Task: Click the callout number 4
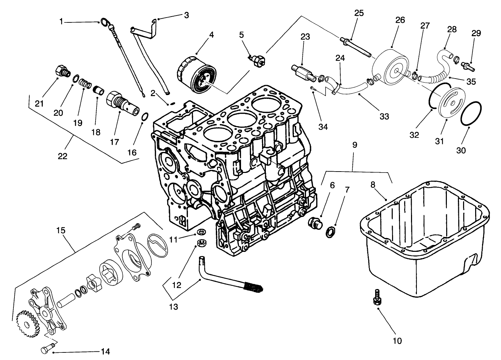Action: point(211,35)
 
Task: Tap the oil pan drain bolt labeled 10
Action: point(377,297)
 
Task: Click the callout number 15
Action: point(61,230)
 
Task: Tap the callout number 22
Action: point(62,156)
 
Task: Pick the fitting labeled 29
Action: point(467,64)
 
